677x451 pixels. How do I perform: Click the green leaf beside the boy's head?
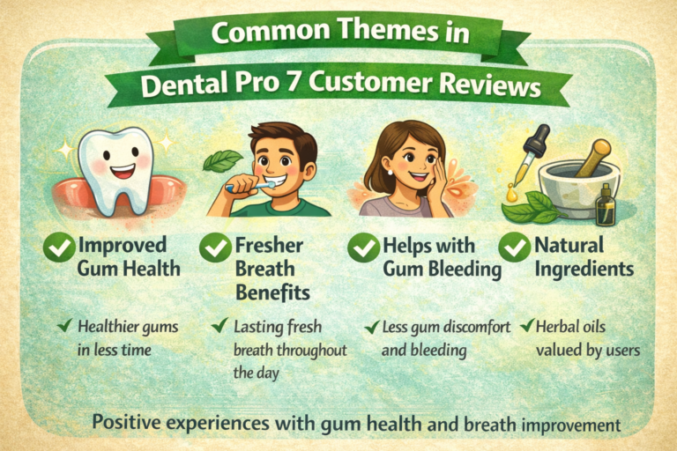point(222,159)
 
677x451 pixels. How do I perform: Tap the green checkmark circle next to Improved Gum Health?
point(58,248)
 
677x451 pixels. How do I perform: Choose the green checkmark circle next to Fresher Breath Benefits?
point(214,248)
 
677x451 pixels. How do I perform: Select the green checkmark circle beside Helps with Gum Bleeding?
point(364,248)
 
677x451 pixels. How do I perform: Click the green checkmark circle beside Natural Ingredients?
point(516,248)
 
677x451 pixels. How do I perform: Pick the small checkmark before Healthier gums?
point(63,327)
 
